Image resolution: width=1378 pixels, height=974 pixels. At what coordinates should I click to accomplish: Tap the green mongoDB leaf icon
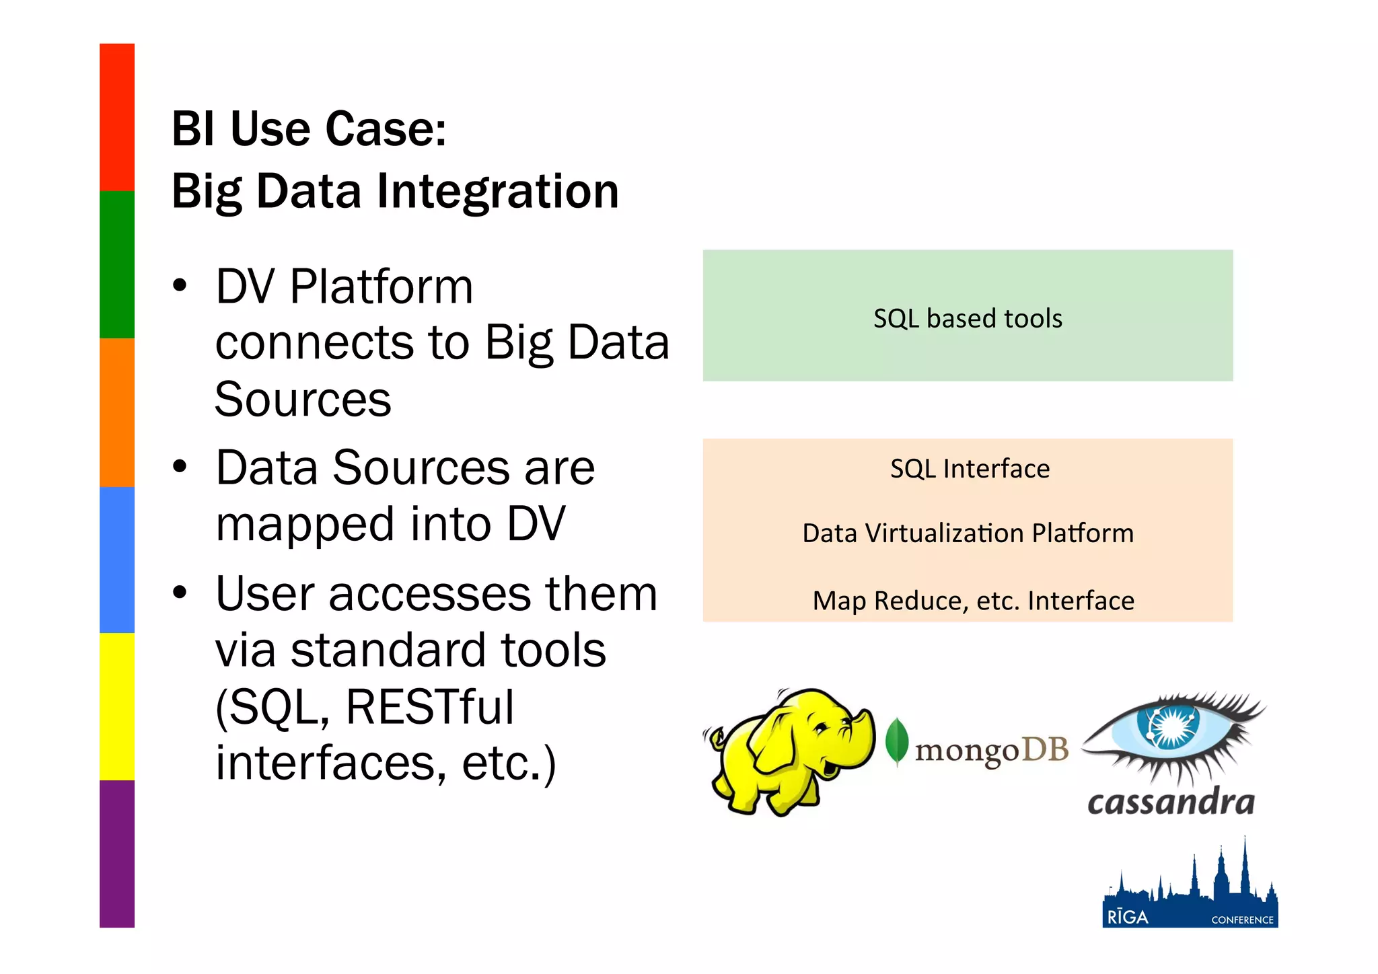[896, 741]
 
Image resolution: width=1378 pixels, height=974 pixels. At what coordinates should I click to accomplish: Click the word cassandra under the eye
[1171, 802]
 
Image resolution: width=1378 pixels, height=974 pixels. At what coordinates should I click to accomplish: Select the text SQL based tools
[968, 318]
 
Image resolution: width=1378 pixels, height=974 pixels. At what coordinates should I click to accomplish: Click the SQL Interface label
[970, 469]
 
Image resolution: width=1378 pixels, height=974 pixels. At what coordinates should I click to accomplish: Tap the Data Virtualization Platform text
[968, 533]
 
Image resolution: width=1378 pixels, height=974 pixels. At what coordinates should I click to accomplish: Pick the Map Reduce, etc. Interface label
[973, 601]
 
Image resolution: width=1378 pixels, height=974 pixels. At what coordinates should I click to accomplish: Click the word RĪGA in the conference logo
[1128, 917]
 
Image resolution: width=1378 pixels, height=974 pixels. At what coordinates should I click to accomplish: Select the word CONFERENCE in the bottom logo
[1242, 920]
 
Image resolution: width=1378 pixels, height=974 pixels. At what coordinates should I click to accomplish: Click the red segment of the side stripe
[117, 117]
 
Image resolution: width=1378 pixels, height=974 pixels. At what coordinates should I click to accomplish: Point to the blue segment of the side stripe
[117, 560]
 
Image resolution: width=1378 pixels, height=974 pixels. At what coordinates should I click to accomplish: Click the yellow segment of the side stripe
[117, 706]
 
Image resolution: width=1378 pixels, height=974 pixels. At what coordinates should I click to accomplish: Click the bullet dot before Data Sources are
[180, 466]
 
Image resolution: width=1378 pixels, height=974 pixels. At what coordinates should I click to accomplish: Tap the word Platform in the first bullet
[382, 287]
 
